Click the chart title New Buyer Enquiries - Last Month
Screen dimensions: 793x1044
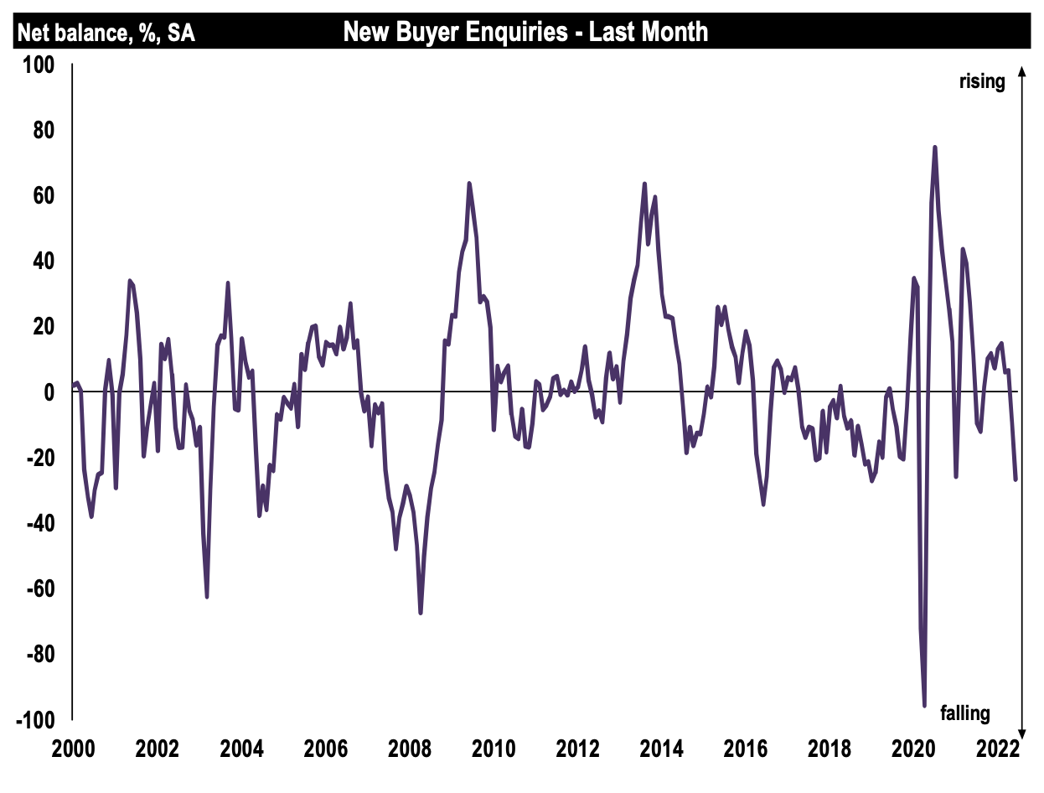click(x=525, y=33)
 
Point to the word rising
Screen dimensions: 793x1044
click(x=982, y=81)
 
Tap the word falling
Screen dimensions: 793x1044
click(x=965, y=713)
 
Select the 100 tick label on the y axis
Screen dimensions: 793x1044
click(x=38, y=65)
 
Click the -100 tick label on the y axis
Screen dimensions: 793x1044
click(x=34, y=721)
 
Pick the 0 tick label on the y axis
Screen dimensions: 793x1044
click(x=49, y=392)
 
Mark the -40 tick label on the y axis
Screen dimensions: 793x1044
click(x=39, y=524)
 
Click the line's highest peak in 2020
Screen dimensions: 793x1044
click(x=934, y=148)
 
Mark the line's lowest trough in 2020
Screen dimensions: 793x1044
click(x=924, y=706)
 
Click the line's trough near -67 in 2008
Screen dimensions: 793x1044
click(x=421, y=613)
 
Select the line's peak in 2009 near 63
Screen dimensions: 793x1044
click(x=468, y=183)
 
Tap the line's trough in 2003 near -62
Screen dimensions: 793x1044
click(x=206, y=597)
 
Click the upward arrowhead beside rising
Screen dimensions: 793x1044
click(x=1021, y=71)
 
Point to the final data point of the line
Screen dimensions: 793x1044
click(x=1016, y=479)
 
